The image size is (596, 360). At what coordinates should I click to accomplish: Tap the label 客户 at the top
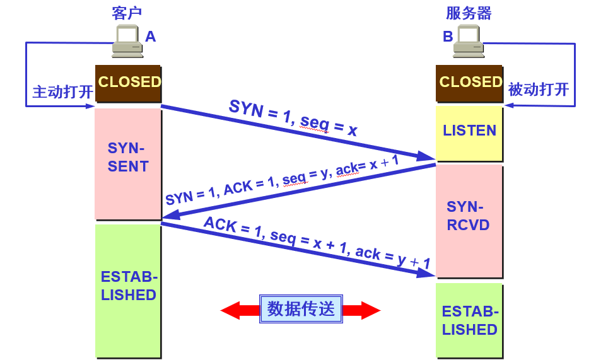[x=127, y=13]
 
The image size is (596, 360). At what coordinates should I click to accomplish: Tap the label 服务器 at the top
[x=468, y=13]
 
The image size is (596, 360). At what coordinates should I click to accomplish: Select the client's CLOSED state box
[x=129, y=83]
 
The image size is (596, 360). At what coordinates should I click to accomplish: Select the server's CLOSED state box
[x=470, y=83]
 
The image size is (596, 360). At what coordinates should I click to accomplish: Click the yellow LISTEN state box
[x=469, y=132]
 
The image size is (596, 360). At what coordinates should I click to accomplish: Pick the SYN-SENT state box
[x=128, y=163]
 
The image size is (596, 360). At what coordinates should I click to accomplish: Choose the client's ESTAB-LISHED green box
[x=128, y=290]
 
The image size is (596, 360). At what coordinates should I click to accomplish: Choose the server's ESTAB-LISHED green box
[x=469, y=320]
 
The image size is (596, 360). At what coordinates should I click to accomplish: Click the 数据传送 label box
[x=301, y=310]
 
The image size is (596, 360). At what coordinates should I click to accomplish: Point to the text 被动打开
[x=538, y=90]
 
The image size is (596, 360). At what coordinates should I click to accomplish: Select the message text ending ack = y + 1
[x=317, y=243]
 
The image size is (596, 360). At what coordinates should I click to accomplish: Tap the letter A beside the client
[x=150, y=37]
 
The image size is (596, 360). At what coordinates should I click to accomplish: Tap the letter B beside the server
[x=448, y=37]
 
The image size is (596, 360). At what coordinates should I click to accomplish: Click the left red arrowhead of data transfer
[x=231, y=310]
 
